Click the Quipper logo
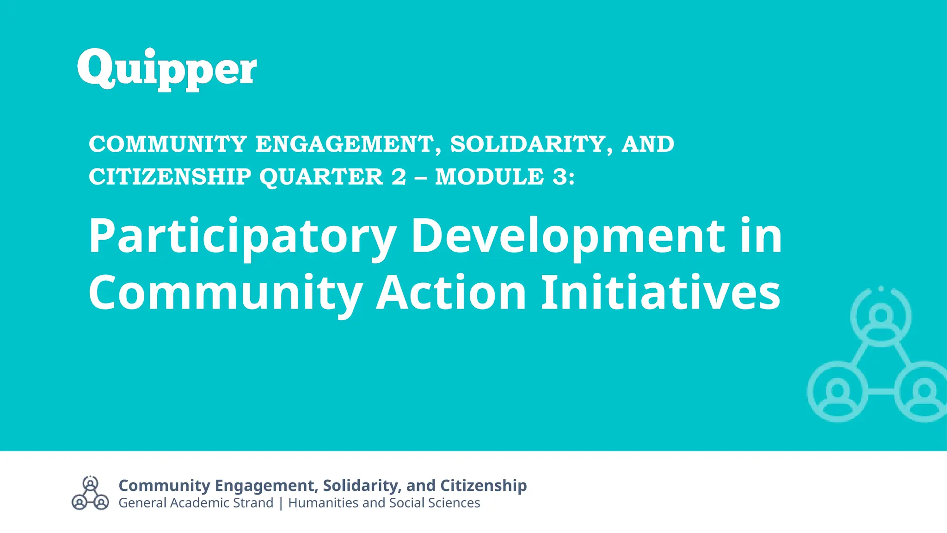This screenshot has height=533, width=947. [x=167, y=69]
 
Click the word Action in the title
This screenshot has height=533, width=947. [x=451, y=293]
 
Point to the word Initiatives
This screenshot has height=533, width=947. [x=661, y=293]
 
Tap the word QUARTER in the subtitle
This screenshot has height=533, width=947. [x=321, y=177]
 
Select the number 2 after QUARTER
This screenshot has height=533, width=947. [x=399, y=177]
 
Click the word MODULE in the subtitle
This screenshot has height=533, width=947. [x=489, y=177]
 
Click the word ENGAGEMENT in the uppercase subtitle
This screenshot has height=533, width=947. [x=344, y=144]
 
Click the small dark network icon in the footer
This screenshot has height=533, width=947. [x=90, y=493]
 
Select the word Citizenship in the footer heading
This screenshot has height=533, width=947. [x=483, y=485]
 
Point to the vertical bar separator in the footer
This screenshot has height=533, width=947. [x=281, y=503]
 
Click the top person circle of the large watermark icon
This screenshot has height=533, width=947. [x=881, y=317]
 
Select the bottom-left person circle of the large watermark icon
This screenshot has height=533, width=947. [x=837, y=391]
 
